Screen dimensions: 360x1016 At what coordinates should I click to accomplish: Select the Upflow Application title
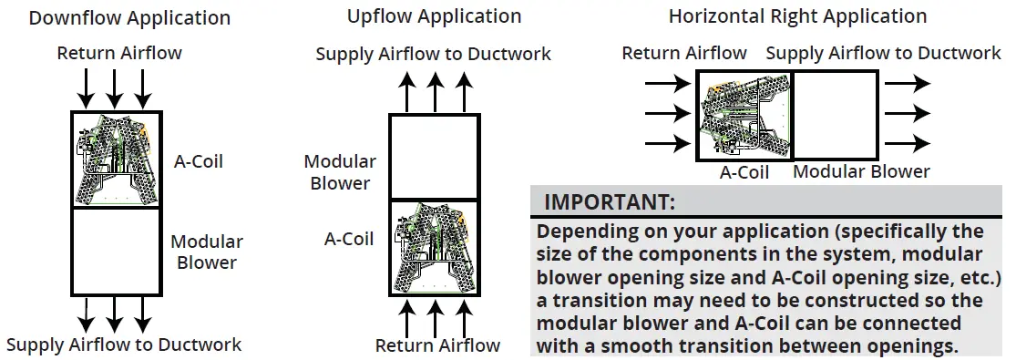[x=434, y=17]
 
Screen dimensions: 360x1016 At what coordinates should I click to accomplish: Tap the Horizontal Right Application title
[x=797, y=16]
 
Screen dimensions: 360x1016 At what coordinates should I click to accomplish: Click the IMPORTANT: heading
[x=610, y=201]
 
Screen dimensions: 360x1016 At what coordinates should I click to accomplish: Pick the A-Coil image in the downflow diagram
[x=116, y=160]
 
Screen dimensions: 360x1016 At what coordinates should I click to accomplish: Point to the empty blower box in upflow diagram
[x=434, y=156]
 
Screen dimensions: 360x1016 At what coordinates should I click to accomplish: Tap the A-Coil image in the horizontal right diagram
[x=744, y=117]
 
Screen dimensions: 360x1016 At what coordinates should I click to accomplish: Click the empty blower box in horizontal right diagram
[x=835, y=117]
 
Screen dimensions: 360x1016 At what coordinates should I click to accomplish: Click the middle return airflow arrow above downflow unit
[x=114, y=88]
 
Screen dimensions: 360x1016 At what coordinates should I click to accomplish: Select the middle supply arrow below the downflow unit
[x=114, y=313]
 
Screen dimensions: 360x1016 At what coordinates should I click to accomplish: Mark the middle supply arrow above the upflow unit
[x=436, y=92]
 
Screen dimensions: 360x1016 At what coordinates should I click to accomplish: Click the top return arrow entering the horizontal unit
[x=667, y=84]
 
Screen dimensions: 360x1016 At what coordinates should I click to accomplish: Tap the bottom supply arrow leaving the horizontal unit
[x=908, y=143]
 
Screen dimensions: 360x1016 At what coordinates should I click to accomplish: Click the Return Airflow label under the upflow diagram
[x=437, y=345]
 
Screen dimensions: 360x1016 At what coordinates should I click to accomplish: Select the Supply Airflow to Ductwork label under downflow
[x=124, y=345]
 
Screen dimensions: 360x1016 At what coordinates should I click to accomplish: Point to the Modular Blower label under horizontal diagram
[x=861, y=171]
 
